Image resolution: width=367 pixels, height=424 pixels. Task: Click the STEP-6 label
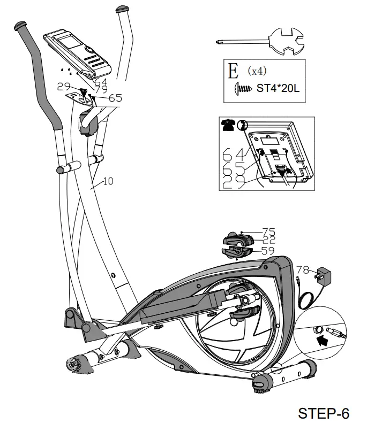click(323, 412)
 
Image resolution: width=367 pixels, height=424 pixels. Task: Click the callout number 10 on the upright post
click(108, 181)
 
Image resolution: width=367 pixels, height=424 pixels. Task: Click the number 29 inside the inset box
click(231, 182)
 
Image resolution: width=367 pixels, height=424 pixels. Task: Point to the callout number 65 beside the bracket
click(115, 98)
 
